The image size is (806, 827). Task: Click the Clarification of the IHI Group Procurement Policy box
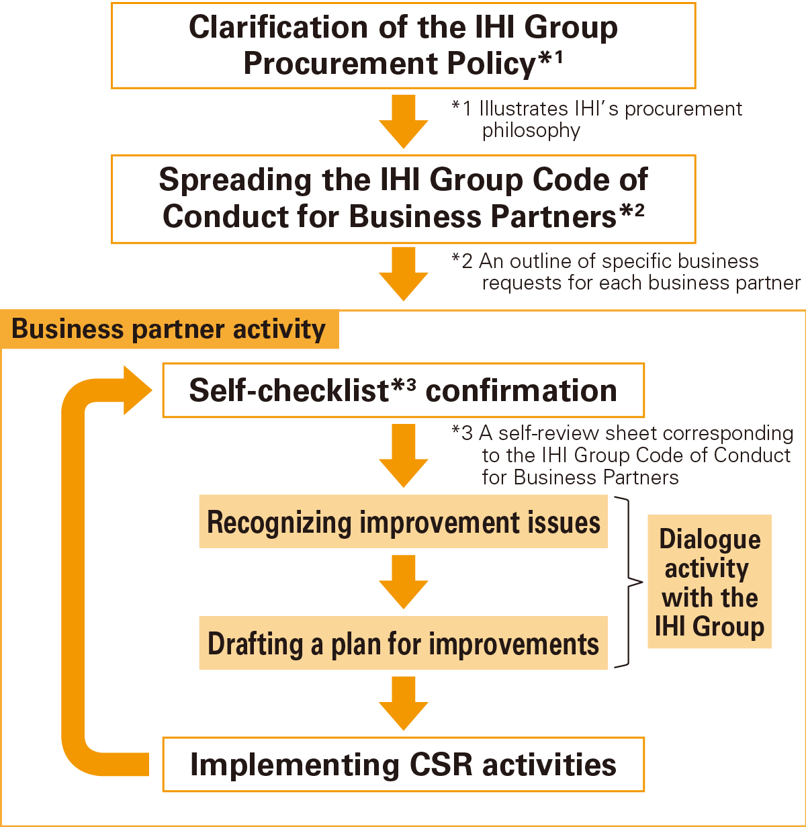(x=403, y=45)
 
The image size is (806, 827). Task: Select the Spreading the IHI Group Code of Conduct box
(x=403, y=199)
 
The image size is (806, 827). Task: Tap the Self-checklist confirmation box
(x=403, y=390)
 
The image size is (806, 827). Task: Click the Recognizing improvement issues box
(x=403, y=522)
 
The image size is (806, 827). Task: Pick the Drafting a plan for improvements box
(x=403, y=643)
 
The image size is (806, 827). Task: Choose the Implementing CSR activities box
(x=403, y=765)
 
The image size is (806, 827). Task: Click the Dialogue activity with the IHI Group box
(x=709, y=582)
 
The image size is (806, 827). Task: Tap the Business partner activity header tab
(x=169, y=330)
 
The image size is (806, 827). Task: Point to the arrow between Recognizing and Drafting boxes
(x=403, y=582)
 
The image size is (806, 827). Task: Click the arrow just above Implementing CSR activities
(x=403, y=703)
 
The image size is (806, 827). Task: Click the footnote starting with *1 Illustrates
(x=596, y=119)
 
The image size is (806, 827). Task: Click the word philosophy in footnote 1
(x=531, y=130)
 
